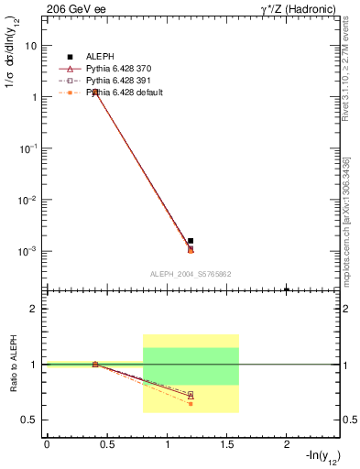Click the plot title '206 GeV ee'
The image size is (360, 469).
[x=71, y=8]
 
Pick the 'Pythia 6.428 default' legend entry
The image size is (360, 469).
[x=110, y=92]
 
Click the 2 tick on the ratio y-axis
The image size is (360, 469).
[x=34, y=309]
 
